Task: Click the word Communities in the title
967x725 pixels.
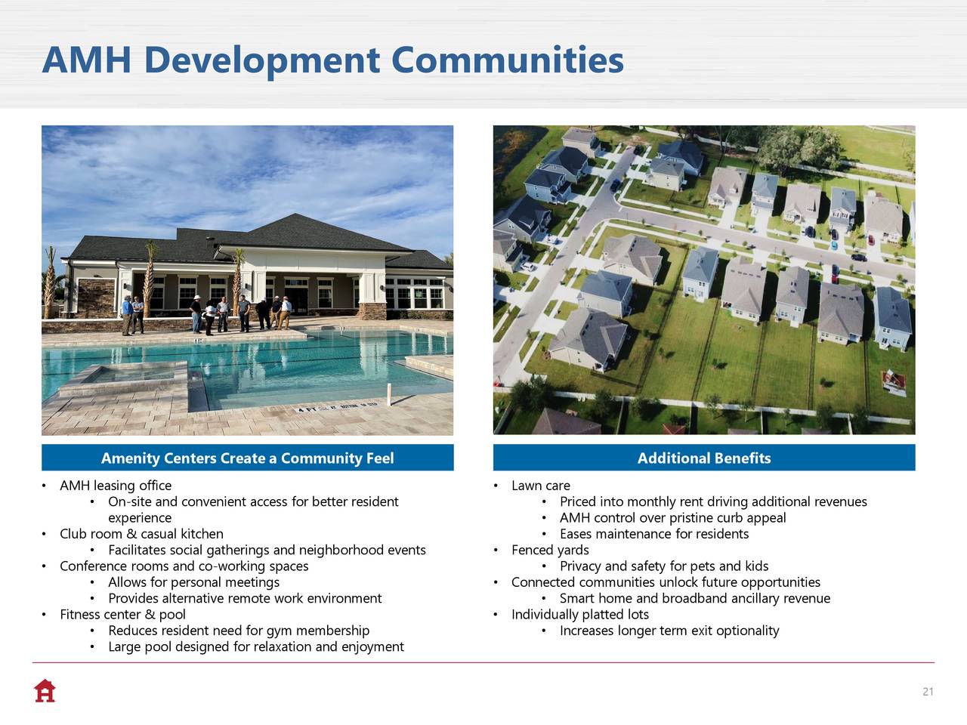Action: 507,60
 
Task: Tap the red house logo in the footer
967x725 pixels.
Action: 45,691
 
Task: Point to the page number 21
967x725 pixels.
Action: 928,692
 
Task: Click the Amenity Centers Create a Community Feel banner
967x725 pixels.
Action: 248,458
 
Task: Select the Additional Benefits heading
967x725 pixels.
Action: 704,458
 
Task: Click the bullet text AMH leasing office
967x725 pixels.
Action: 116,486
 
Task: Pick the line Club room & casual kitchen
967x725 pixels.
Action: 141,534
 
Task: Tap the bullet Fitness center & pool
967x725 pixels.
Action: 122,615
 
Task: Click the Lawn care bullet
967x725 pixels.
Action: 541,486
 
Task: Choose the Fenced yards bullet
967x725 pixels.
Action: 550,550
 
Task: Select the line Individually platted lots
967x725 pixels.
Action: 579,615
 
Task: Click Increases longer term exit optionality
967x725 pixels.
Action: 669,631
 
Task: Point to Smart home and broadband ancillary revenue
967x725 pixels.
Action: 695,598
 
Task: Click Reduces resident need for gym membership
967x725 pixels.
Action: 239,631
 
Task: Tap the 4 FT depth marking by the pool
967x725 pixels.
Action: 307,409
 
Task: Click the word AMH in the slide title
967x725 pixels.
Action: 87,60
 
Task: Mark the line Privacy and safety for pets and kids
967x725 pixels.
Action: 664,566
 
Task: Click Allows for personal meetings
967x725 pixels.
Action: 194,582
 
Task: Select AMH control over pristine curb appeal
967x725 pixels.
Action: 672,517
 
